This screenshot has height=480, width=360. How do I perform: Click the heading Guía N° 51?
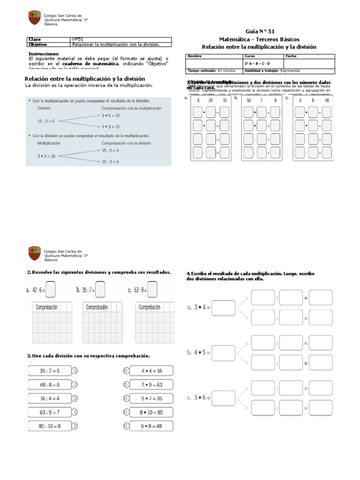tap(259, 31)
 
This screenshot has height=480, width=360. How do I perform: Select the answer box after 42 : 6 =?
tap(50, 289)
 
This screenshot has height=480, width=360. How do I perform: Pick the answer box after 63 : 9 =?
tap(152, 289)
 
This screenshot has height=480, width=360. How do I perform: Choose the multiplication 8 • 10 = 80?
tap(151, 412)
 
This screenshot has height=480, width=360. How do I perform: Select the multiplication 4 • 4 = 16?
tap(151, 371)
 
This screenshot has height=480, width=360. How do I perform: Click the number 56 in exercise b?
tap(248, 100)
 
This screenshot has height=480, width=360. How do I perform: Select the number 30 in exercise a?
tap(211, 100)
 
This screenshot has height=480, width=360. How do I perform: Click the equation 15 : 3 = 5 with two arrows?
tap(46, 121)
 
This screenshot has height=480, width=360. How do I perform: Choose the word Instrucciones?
tap(44, 54)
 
